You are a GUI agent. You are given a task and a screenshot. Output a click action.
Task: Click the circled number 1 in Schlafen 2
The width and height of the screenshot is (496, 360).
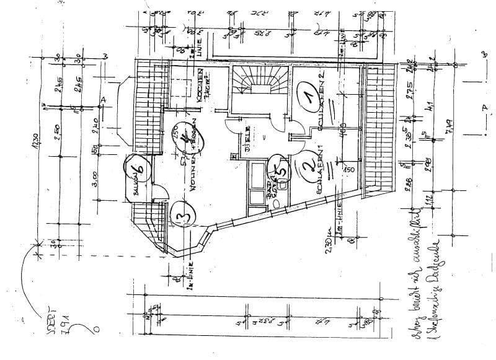pyautogui.click(x=306, y=97)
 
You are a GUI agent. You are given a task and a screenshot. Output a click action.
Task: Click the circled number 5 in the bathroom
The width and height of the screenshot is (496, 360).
pyautogui.click(x=281, y=166)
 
